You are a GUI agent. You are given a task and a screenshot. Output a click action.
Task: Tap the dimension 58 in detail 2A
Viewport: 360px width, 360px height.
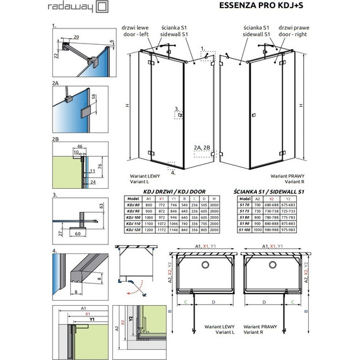tap(94, 100)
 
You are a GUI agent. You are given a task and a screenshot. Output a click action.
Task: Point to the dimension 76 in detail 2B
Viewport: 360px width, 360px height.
tap(101, 165)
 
